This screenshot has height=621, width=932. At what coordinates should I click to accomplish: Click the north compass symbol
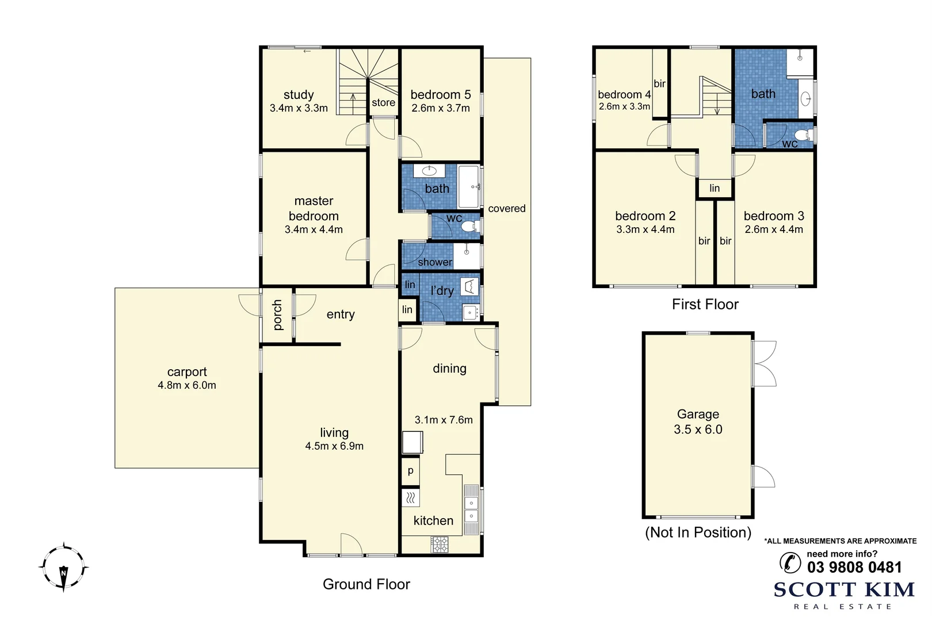pos(63,568)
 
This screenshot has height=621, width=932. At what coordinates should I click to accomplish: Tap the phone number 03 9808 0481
pos(854,568)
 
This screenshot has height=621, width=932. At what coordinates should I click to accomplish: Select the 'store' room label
pos(383,103)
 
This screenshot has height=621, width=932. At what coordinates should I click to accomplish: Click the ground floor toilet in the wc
pos(470,226)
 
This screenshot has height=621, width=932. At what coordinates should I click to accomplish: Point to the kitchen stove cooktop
pos(440,544)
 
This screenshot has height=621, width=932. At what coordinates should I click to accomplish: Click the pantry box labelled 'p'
pos(410,471)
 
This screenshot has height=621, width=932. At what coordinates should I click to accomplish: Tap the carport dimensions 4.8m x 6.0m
pos(187,386)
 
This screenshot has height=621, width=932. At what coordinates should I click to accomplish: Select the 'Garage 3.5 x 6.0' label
pos(698,421)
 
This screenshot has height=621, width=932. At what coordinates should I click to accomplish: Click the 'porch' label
pos(277,315)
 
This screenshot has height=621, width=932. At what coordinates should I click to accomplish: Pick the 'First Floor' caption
pos(705,304)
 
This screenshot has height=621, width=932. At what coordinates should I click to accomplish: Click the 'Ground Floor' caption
pos(366,584)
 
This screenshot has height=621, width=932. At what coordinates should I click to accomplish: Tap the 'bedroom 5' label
pos(440,95)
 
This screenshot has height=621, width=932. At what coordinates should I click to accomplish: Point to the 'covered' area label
pos(506,209)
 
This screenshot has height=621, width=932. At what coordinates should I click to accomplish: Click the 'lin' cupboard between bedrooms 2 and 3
pos(714,189)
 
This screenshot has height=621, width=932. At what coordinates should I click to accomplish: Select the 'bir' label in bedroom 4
pos(659,84)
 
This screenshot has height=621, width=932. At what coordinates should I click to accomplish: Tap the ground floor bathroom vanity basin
pos(429,171)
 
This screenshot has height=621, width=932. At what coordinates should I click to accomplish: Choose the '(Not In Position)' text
pos(698,532)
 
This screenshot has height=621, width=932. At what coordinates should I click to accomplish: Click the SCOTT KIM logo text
pos(843,590)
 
